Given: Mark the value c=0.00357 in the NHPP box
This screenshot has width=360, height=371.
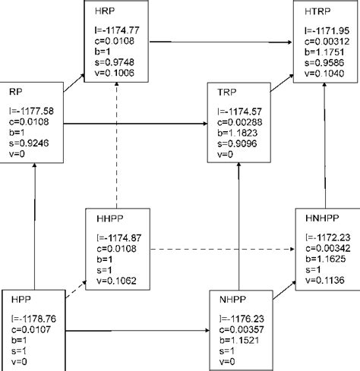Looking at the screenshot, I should pyautogui.click(x=242, y=343).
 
